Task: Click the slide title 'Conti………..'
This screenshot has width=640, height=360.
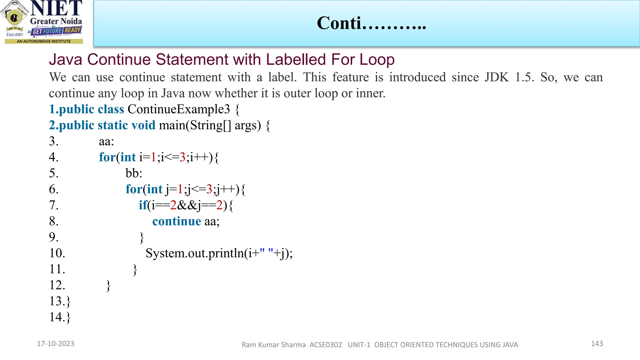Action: point(371,23)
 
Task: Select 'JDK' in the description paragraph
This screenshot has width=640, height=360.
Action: point(497,77)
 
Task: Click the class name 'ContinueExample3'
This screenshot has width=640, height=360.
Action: point(178,109)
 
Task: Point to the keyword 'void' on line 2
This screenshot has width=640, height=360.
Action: point(143,125)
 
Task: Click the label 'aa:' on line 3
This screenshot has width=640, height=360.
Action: point(106,141)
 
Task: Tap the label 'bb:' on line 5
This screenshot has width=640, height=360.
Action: point(134,173)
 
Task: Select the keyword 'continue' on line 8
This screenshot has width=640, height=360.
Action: point(177,221)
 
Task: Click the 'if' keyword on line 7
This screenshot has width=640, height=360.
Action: point(143,205)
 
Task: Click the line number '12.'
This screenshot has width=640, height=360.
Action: point(57,285)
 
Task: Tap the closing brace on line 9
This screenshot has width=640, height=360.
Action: point(142,238)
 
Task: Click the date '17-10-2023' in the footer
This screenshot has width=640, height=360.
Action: point(56,344)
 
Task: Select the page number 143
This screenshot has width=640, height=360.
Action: point(597,344)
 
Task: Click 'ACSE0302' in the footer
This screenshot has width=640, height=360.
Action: point(326,345)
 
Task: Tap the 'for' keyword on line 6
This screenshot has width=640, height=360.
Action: point(133,189)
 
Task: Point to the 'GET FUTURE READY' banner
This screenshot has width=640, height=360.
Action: point(57,31)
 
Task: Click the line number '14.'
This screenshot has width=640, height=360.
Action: point(57,317)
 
